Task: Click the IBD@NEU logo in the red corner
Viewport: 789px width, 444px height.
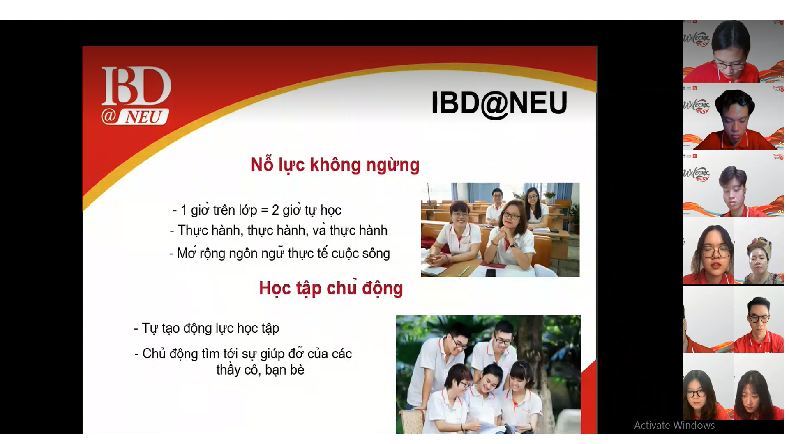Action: pyautogui.click(x=136, y=96)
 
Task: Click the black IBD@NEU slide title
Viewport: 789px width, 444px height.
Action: pyautogui.click(x=499, y=103)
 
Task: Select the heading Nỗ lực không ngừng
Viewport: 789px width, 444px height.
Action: pyautogui.click(x=335, y=165)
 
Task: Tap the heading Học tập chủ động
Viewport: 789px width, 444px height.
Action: pyautogui.click(x=331, y=288)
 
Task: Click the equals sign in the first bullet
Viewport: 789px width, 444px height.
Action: pyautogui.click(x=265, y=210)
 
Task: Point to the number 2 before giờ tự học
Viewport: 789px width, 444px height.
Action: pyautogui.click(x=275, y=210)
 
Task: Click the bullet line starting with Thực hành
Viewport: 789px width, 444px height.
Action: pyautogui.click(x=279, y=230)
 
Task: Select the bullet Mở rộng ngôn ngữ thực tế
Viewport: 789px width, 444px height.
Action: pyautogui.click(x=279, y=253)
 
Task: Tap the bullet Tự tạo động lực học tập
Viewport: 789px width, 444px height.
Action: pyautogui.click(x=207, y=328)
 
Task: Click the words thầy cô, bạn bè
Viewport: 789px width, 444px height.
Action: pyautogui.click(x=261, y=370)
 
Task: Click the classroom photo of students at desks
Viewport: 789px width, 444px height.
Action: pyautogui.click(x=500, y=230)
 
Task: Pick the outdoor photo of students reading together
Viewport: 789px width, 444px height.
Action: pyautogui.click(x=488, y=374)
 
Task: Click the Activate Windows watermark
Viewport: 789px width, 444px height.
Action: pyautogui.click(x=674, y=425)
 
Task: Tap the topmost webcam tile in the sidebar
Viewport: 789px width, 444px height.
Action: pyautogui.click(x=734, y=51)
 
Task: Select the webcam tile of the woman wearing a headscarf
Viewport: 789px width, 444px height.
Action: pyautogui.click(x=759, y=251)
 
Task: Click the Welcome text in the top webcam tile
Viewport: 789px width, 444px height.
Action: pyautogui.click(x=696, y=38)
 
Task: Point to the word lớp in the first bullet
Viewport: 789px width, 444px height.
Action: pyautogui.click(x=247, y=210)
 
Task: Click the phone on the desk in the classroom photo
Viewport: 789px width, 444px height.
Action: pyautogui.click(x=491, y=273)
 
